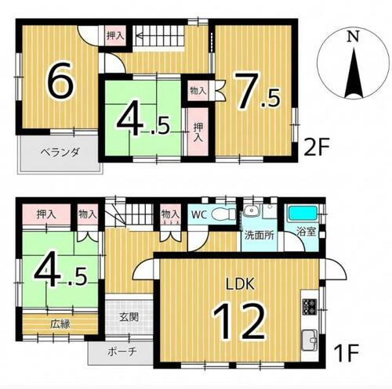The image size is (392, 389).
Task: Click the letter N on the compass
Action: coord(354,36)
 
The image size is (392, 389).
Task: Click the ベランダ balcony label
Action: coord(60,152)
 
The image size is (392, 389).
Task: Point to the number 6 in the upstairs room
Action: coord(62,80)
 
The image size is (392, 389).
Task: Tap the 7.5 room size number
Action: coord(257,91)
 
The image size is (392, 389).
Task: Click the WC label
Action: coord(199,215)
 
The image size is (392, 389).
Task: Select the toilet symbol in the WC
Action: coord(223,214)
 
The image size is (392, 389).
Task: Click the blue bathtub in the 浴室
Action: coord(303,214)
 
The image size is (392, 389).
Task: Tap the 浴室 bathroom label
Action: coord(307,232)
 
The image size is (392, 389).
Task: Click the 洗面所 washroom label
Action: coord(259,236)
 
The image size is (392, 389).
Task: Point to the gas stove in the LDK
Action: coord(310,306)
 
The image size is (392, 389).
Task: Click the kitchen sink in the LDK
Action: coord(310,340)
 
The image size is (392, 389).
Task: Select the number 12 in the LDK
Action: coord(239,322)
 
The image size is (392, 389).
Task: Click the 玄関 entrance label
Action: coord(129,317)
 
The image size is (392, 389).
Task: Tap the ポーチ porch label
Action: coord(122,352)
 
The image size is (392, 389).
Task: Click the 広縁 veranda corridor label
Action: coord(60,324)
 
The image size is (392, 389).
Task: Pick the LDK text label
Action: coord(240,284)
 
